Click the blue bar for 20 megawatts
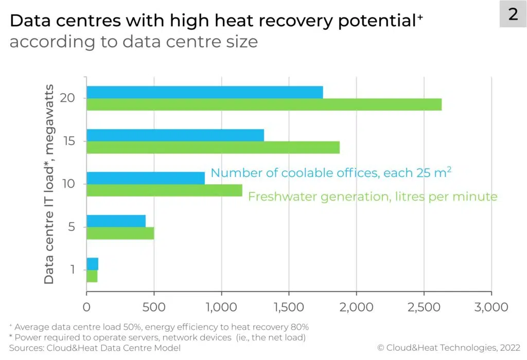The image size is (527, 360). coord(204,92)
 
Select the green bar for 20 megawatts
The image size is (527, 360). coord(263,104)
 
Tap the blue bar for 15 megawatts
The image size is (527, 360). coord(175,135)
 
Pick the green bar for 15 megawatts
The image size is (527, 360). coord(213,148)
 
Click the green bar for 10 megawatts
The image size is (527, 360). coord(164,190)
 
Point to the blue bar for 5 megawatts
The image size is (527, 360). coord(116,221)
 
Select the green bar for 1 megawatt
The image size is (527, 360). coord(92,276)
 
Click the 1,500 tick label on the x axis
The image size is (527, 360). coord(289,307)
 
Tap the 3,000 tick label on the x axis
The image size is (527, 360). coord(491,307)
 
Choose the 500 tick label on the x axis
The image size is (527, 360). coord(154,307)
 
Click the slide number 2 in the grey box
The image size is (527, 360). coord(513,14)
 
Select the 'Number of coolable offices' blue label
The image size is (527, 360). coord(330,173)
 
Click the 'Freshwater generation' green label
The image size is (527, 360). coord(373,196)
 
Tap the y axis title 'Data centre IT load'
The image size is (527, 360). coord(49,180)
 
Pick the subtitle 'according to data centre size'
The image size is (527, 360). coord(133,41)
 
